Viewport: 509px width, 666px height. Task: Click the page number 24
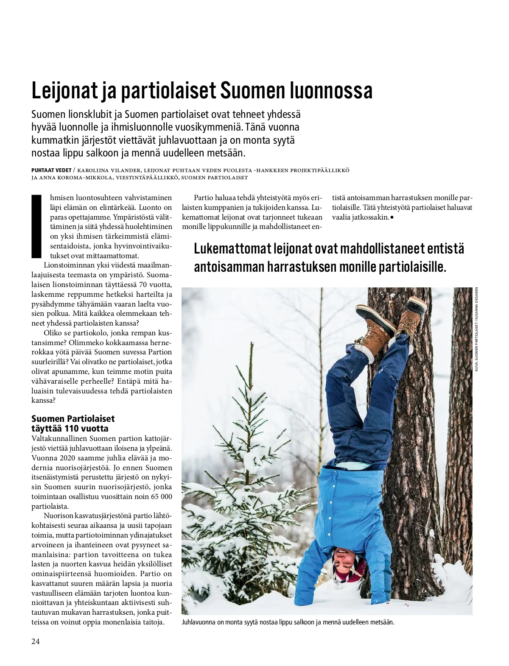[36, 641]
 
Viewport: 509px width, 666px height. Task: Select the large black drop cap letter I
[36, 226]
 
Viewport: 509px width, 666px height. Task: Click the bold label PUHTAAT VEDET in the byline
[51, 170]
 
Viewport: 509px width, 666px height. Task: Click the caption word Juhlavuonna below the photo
[199, 622]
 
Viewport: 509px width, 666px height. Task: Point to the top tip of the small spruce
[252, 344]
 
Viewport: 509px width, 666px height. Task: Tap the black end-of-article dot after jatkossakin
[392, 217]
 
